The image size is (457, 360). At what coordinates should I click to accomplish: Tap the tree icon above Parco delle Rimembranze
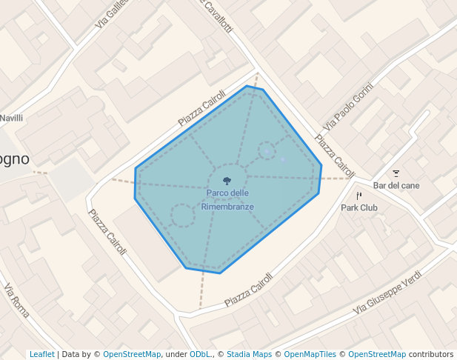pyautogui.click(x=227, y=180)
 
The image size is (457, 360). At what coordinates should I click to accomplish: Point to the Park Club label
pyautogui.click(x=358, y=208)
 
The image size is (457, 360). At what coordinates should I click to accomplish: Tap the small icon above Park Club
pyautogui.click(x=359, y=196)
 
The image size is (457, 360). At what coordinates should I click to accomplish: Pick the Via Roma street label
pyautogui.click(x=16, y=300)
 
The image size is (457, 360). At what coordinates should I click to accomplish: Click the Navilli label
pyautogui.click(x=12, y=118)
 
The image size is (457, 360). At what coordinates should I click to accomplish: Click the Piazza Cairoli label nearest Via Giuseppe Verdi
pyautogui.click(x=249, y=290)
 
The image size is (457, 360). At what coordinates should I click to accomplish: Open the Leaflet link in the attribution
pyautogui.click(x=41, y=354)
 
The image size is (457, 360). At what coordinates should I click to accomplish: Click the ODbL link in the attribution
pyautogui.click(x=200, y=354)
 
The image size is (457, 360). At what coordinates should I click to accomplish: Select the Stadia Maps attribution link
pyautogui.click(x=249, y=354)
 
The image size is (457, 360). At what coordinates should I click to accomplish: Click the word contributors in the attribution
pyautogui.click(x=431, y=354)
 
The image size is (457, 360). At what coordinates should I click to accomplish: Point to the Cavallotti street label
pyautogui.click(x=218, y=15)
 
